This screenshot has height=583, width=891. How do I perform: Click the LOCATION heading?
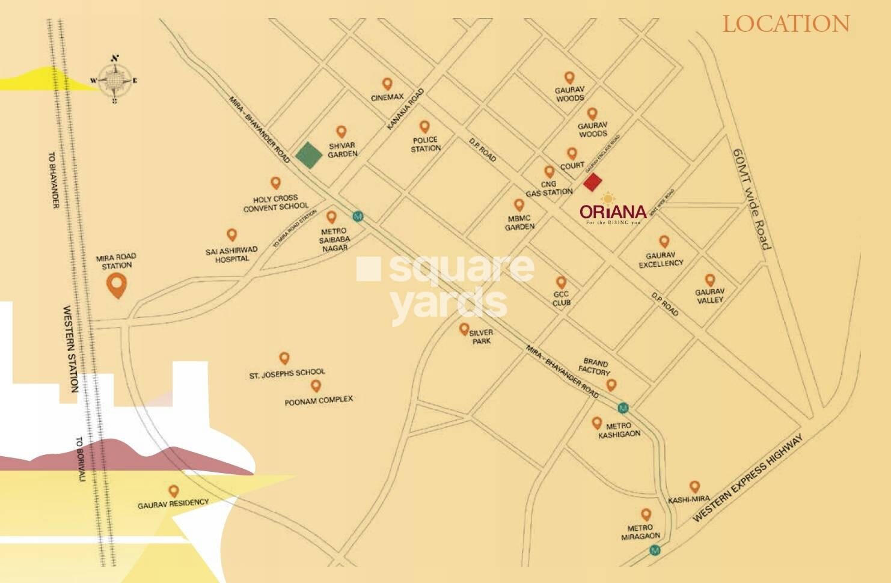click(786, 24)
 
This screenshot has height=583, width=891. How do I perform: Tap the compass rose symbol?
click(114, 79)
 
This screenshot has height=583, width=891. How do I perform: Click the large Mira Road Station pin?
click(117, 285)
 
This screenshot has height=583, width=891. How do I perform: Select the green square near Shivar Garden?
click(310, 155)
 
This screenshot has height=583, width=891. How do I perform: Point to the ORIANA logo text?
click(613, 212)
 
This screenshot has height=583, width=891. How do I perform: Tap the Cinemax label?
click(387, 97)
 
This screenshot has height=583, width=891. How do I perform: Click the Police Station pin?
click(424, 127)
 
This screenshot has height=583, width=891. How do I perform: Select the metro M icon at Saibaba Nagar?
click(358, 216)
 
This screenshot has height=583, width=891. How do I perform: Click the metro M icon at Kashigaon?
click(623, 408)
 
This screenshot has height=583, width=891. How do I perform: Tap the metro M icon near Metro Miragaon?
click(655, 550)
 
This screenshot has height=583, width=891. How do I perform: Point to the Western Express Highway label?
click(747, 479)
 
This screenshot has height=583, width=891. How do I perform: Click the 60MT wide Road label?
click(752, 198)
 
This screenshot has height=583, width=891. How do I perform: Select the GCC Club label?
click(561, 299)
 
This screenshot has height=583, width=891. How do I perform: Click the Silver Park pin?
click(464, 329)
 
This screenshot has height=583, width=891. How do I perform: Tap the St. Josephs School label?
click(287, 374)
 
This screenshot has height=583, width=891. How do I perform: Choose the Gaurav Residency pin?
click(174, 490)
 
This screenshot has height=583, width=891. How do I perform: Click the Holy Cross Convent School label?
click(275, 203)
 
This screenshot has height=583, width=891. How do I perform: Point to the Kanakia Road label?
click(405, 109)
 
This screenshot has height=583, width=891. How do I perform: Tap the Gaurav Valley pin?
click(710, 280)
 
